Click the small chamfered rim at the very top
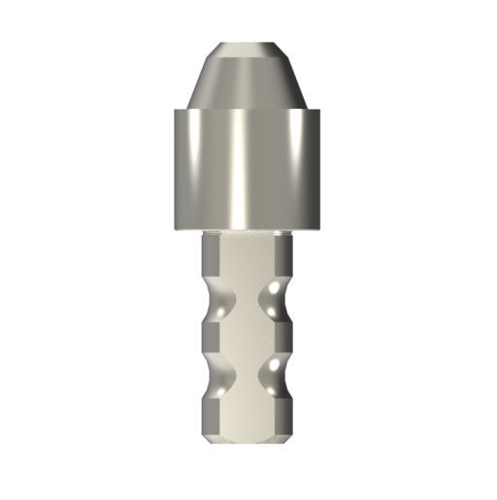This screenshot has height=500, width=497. click(248, 45)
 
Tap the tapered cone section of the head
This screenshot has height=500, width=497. click(248, 78)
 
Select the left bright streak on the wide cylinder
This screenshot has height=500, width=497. click(193, 170)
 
